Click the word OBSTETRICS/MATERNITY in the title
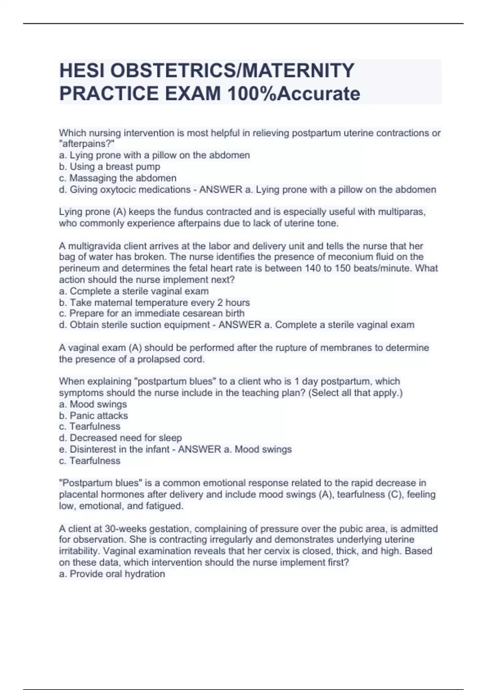click(x=233, y=71)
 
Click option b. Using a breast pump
click(x=110, y=167)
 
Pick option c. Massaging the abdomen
click(x=118, y=178)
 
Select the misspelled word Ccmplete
click(x=86, y=291)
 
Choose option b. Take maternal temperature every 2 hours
click(x=154, y=302)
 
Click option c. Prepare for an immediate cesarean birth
click(x=152, y=313)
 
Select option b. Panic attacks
click(x=93, y=416)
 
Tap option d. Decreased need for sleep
click(x=120, y=438)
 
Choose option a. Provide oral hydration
click(x=112, y=574)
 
